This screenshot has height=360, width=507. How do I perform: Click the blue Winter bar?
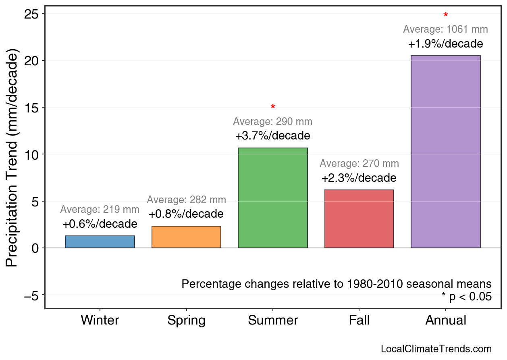100,242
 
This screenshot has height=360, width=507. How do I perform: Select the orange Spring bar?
186,237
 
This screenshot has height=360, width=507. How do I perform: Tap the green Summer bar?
273,198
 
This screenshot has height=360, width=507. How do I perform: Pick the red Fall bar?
359,219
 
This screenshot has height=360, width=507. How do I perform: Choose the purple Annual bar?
445,152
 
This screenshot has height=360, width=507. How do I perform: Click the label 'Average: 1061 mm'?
445,29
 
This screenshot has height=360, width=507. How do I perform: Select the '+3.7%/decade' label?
273,135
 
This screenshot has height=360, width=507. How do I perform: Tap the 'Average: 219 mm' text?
100,210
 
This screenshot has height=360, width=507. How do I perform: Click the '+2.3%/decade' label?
359,178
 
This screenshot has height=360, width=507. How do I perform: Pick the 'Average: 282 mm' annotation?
186,200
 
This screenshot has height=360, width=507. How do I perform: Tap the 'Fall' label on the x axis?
359,320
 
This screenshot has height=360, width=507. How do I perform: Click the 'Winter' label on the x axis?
100,320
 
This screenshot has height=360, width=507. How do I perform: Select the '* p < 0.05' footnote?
466,297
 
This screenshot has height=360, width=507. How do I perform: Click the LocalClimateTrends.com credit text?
436,349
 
